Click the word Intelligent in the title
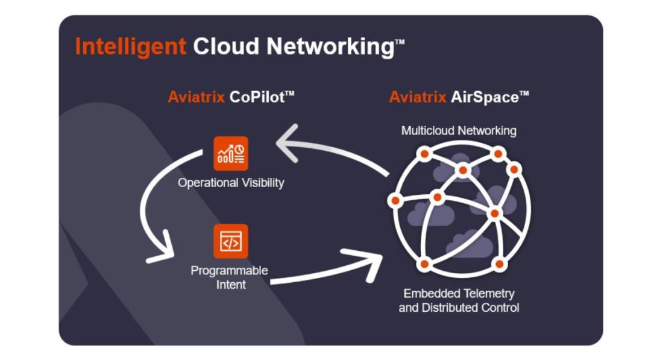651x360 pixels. pos(130,46)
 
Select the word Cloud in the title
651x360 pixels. pos(227,46)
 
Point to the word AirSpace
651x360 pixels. pos(485,97)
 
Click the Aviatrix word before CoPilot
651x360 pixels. pos(196,97)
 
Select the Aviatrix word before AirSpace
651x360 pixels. pos(418,97)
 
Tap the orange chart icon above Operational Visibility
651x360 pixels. pos(231,153)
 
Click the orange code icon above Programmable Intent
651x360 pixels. pos(231,241)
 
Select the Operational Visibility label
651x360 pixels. pos(231,183)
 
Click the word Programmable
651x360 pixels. pos(229,271)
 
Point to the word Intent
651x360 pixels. pos(231,285)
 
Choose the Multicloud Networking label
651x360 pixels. pos(459,130)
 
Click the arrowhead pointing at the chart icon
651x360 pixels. pos(286,144)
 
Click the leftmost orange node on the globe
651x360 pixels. pos(395,200)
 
